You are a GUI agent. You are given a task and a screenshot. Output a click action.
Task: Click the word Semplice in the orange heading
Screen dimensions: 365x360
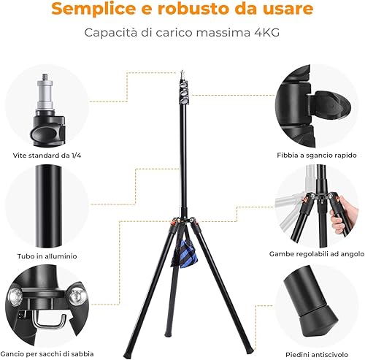coord(93,9)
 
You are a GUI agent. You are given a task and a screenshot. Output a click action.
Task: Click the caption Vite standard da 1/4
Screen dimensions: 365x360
coord(47,156)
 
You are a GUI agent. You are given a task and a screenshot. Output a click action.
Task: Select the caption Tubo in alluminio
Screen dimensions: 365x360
coord(47,256)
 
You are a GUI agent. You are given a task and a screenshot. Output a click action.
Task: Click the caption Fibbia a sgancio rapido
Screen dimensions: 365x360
coord(317,156)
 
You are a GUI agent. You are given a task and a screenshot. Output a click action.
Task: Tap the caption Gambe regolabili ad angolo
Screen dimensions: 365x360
coord(317,254)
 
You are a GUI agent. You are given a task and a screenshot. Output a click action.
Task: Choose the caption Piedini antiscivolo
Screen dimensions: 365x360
coord(317,354)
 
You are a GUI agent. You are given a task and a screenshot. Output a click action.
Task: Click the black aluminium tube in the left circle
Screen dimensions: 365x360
coord(49,206)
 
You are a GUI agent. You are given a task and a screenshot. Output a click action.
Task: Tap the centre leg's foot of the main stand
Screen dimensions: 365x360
coord(168,334)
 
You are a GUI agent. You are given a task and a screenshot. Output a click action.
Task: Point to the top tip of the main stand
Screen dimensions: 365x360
coord(182,72)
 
